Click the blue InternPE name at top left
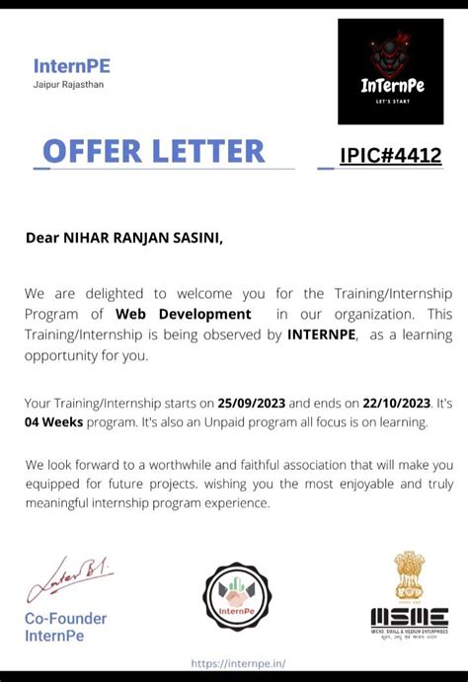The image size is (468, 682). click(71, 66)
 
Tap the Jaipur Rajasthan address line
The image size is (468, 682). click(68, 85)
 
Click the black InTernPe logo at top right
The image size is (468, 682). click(391, 71)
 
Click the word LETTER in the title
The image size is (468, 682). click(207, 151)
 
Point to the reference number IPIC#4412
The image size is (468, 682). click(391, 155)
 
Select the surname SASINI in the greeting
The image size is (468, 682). click(193, 237)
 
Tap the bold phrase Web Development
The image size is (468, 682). click(184, 314)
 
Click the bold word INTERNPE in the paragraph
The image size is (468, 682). click(321, 335)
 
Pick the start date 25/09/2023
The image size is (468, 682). click(251, 403)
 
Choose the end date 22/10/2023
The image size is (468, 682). click(396, 403)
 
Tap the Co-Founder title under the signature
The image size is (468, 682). click(65, 619)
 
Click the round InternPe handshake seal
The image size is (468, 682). click(237, 597)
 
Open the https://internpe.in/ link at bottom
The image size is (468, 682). click(238, 663)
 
